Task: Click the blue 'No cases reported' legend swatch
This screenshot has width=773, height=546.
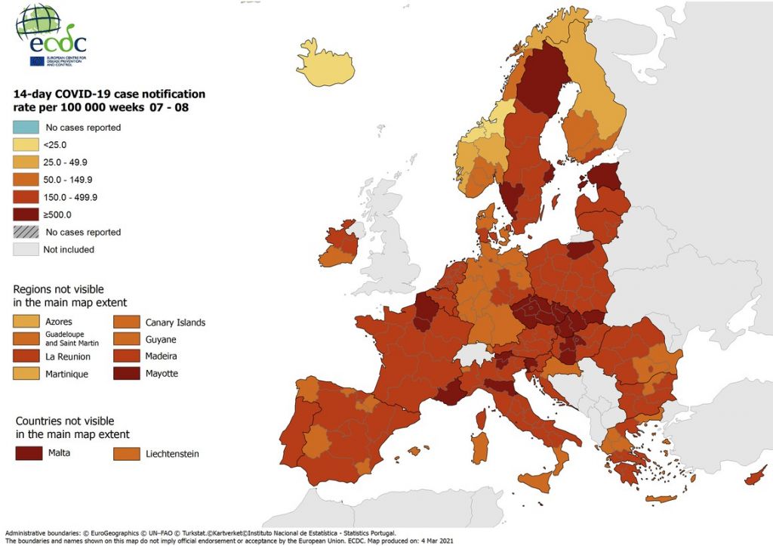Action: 26,128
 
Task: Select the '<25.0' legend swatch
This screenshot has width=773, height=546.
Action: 26,145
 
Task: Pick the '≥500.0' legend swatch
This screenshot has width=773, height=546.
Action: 26,214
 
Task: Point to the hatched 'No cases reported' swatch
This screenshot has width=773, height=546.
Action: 26,232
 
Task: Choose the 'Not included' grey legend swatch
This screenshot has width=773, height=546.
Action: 26,249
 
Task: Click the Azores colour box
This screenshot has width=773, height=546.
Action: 26,322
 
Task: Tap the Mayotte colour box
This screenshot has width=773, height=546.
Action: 125,373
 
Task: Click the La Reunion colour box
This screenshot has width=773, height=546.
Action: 26,356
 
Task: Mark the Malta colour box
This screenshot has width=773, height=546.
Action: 29,453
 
